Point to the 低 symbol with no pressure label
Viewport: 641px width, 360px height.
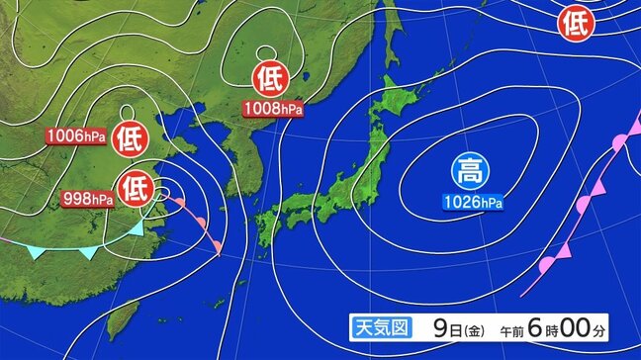pos(574,23)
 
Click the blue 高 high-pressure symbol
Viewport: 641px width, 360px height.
pos(470,172)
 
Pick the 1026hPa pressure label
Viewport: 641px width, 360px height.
pos(470,203)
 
